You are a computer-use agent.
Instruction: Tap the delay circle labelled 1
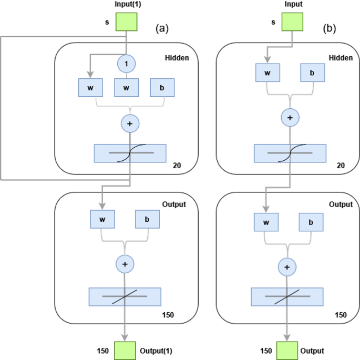point(126,64)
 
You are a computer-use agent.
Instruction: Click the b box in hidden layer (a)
point(161,87)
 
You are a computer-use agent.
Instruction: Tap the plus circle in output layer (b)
point(287,267)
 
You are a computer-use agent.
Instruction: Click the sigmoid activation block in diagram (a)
point(130,152)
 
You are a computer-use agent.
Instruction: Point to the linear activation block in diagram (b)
point(287,297)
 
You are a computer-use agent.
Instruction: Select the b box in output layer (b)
point(311,222)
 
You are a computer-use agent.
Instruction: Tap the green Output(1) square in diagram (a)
point(125,349)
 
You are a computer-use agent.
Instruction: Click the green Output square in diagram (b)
point(287,349)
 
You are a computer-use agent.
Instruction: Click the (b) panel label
point(330,29)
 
